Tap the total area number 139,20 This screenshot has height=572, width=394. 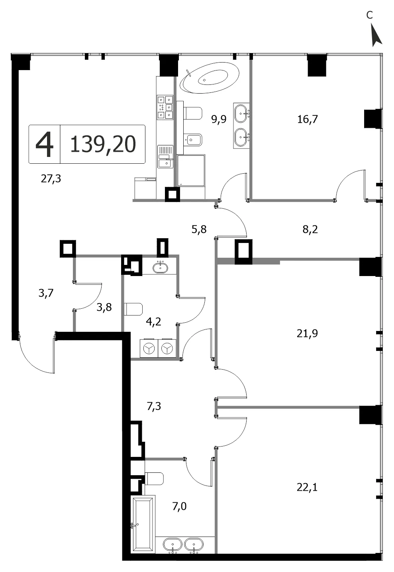click(103, 144)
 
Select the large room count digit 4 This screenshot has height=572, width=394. click(45, 145)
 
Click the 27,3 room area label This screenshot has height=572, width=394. click(51, 179)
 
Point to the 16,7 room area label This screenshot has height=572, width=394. click(308, 119)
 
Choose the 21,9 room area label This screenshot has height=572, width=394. click(307, 333)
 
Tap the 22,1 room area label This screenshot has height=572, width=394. click(307, 487)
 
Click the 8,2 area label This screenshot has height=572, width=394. click(310, 229)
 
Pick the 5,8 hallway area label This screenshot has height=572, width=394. click(199, 229)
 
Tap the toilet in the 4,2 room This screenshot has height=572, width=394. click(133, 309)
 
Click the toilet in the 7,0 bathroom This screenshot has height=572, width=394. click(154, 478)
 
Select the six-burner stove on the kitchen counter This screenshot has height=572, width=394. click(165, 107)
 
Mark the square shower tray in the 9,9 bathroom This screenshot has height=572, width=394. click(191, 170)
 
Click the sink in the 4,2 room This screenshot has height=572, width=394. click(160, 268)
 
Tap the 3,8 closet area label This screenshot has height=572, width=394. click(104, 307)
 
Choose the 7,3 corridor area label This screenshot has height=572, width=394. click(154, 406)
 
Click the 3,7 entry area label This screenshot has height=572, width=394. click(46, 293)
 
